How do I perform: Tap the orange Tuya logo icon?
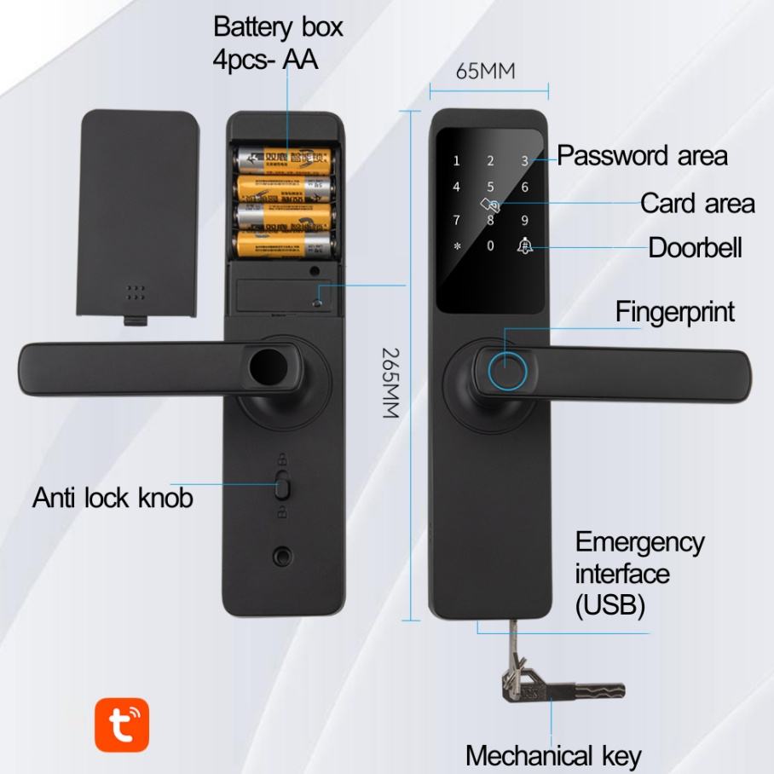click(122, 725)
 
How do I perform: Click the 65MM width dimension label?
click(486, 72)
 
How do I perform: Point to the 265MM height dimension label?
click(390, 382)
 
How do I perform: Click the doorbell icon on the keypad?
click(524, 246)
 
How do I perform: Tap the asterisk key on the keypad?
click(456, 247)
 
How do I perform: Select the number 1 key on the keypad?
click(456, 161)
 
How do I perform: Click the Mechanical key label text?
click(553, 755)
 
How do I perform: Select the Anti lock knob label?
click(113, 498)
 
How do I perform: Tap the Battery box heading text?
click(278, 27)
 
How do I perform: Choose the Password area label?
click(643, 156)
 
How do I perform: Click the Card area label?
click(697, 204)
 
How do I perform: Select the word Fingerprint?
click(675, 312)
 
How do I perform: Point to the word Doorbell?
click(696, 248)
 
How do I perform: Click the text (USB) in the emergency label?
click(610, 606)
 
